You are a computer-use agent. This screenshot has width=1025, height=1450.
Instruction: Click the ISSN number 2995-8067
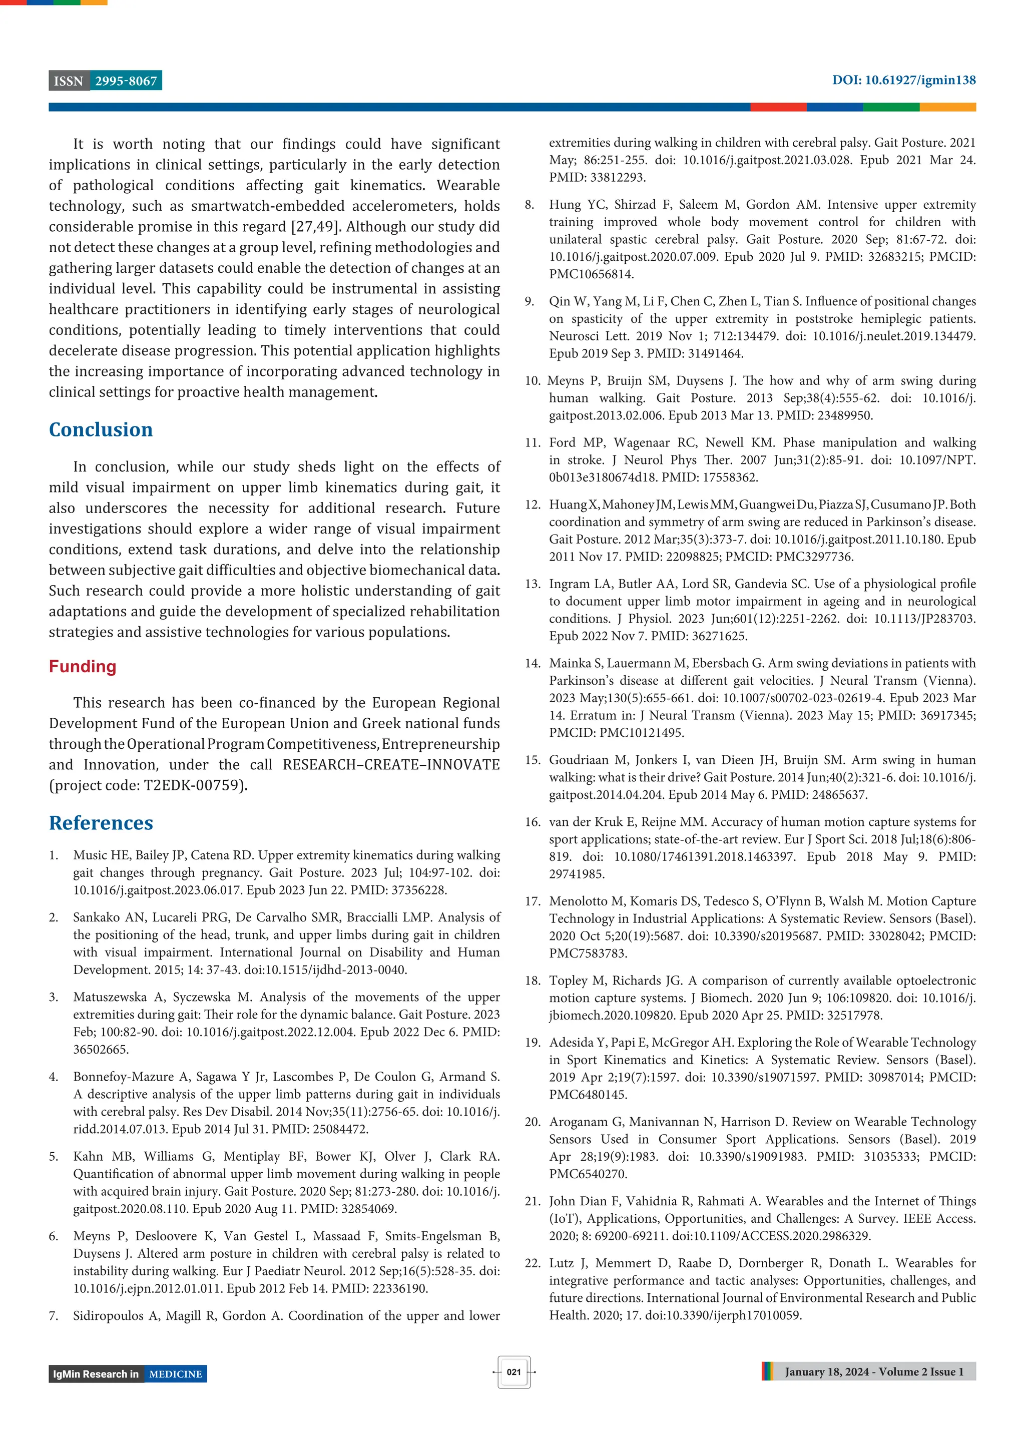click(x=126, y=81)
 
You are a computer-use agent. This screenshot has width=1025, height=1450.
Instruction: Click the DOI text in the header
click(x=903, y=80)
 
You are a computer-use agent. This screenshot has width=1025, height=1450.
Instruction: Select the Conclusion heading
click(x=101, y=429)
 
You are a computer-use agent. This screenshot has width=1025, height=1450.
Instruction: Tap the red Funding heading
click(x=83, y=666)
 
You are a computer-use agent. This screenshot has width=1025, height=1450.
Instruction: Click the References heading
click(x=101, y=823)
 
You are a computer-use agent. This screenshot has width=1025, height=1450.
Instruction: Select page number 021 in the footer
click(x=514, y=1372)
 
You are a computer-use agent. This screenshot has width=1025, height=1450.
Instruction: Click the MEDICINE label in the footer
click(x=176, y=1374)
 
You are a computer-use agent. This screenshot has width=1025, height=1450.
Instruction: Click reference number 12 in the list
click(x=533, y=505)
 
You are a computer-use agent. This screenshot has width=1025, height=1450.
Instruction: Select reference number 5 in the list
click(x=53, y=1156)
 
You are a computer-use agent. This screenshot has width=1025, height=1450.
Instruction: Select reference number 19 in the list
click(x=533, y=1043)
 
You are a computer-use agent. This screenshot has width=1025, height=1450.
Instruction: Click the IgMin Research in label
click(x=96, y=1374)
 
